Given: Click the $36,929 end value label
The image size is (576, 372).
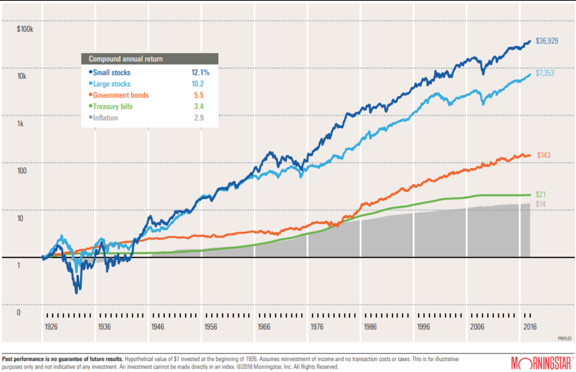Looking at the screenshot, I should (546, 41).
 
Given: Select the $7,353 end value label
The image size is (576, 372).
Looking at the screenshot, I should (545, 73).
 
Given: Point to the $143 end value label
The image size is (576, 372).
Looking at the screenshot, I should (544, 155).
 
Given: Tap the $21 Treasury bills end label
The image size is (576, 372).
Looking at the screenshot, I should (540, 195).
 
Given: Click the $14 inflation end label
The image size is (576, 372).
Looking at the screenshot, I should (540, 204).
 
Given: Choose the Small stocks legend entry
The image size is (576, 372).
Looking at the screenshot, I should (111, 72).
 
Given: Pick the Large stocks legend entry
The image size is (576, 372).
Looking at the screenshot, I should (111, 84).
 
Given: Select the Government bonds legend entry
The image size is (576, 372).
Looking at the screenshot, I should (120, 95).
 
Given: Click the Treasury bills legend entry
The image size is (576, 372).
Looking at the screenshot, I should (113, 107).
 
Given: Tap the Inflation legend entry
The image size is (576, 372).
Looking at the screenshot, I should (105, 118).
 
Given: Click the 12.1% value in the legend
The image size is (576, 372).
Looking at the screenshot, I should (200, 72).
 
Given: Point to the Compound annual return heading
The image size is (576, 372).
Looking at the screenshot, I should (126, 59).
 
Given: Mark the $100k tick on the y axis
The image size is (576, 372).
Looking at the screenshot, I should (25, 29).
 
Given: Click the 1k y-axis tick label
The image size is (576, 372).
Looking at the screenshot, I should (20, 124).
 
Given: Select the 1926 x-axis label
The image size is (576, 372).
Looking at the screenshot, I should (51, 327).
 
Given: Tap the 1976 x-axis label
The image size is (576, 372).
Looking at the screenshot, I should (317, 327).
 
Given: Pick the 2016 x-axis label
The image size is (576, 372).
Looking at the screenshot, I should (530, 327).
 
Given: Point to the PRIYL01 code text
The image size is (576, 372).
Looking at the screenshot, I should (565, 339).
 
